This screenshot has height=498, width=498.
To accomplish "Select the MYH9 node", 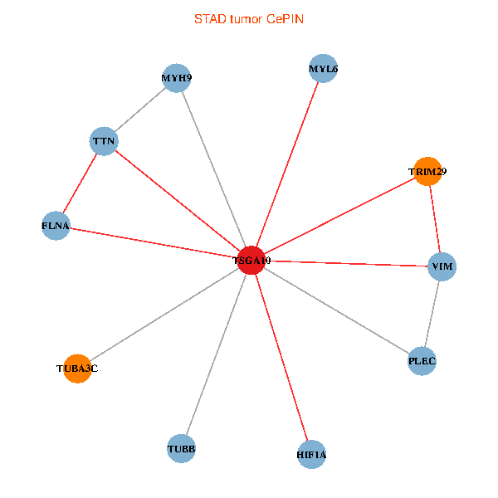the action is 177,78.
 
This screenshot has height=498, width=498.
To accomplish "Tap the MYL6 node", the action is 322,69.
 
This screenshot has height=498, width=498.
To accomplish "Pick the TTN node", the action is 104,141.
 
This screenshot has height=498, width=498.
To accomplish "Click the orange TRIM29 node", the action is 427,172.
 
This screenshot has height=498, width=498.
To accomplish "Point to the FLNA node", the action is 56,226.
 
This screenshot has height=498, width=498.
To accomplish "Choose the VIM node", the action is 442,266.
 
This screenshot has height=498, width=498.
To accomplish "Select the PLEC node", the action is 422,361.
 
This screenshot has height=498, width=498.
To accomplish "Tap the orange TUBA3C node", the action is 77,368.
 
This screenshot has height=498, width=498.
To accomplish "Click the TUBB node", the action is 182,449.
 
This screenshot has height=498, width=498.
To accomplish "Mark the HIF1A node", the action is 311,454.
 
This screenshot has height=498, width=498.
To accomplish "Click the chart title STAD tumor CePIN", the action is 249,18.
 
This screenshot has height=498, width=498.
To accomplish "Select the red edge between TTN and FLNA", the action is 80,183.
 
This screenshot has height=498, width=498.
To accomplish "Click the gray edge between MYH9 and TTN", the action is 140,110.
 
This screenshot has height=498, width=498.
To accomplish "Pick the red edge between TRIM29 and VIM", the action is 434,219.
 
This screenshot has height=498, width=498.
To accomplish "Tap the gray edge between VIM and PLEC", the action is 432,314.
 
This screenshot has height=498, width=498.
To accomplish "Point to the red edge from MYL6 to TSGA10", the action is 286,164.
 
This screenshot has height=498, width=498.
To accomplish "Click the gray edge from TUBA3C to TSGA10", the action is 164,314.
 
